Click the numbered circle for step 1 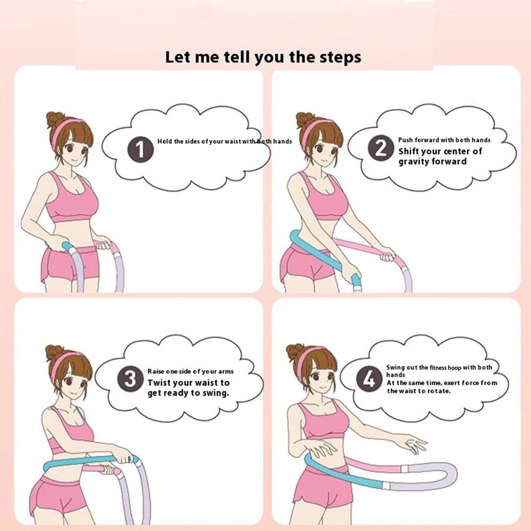[x=141, y=150]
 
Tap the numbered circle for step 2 [x=381, y=147]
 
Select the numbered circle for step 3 [x=130, y=379]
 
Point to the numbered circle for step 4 [x=369, y=379]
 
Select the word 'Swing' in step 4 [x=396, y=368]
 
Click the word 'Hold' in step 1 [x=164, y=141]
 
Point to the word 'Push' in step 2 [x=405, y=140]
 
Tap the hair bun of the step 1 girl [x=55, y=119]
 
